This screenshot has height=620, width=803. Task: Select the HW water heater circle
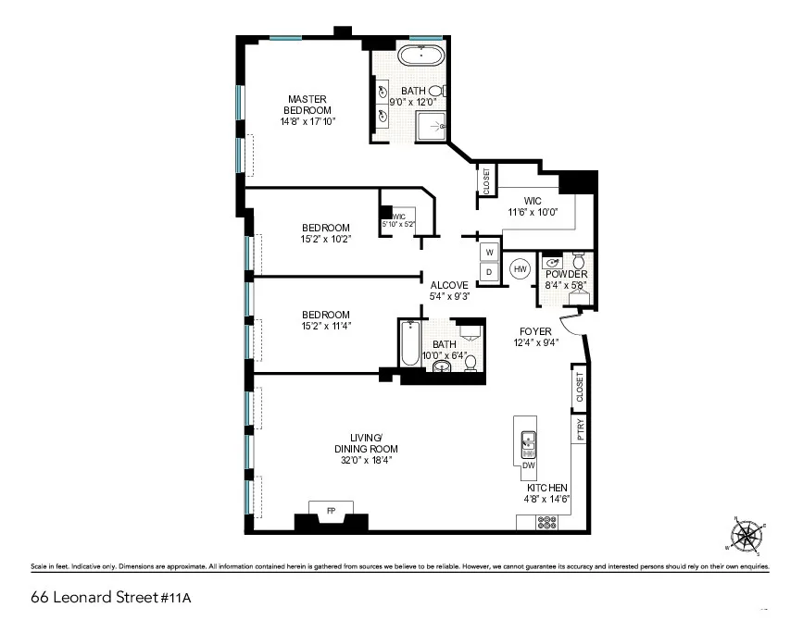(x=521, y=269)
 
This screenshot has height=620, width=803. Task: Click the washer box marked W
(x=489, y=252)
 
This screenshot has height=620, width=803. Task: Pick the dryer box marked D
(x=489, y=272)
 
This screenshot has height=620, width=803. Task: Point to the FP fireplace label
(x=331, y=509)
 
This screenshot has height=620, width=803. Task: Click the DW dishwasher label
(x=528, y=465)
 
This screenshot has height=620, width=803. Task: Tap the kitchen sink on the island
(x=528, y=443)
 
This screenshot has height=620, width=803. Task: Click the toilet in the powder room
(x=579, y=258)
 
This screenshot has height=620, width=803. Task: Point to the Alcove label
(x=449, y=285)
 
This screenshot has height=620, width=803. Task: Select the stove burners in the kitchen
(x=545, y=521)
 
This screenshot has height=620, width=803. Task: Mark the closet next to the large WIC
(x=486, y=181)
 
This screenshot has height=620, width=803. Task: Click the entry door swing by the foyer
(x=574, y=324)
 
